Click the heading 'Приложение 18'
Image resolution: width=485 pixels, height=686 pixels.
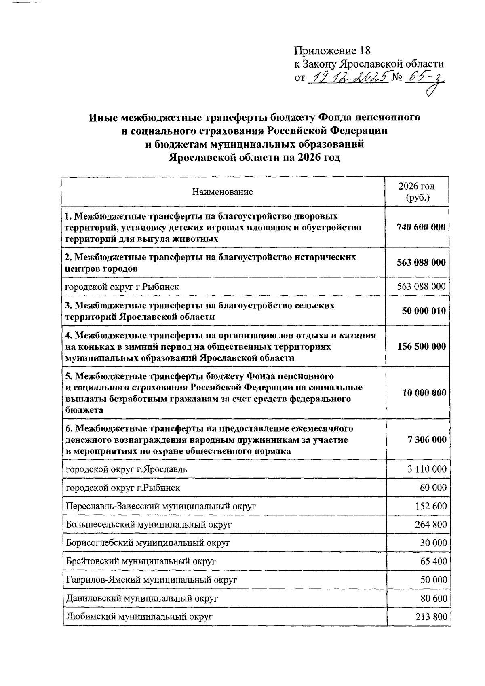pyautogui.click(x=332, y=51)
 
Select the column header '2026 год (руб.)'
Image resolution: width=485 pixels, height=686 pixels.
pyautogui.click(x=417, y=192)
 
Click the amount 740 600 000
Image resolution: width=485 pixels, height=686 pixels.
pyautogui.click(x=421, y=227)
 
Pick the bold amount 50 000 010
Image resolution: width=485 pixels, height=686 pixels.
pyautogui.click(x=424, y=311)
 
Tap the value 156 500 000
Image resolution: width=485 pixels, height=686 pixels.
pyautogui.click(x=422, y=346)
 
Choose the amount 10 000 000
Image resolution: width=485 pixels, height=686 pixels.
pyautogui.click(x=424, y=393)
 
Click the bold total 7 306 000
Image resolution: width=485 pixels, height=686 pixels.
pyautogui.click(x=427, y=439)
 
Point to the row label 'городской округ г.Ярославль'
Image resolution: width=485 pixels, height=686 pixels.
pyautogui.click(x=127, y=469)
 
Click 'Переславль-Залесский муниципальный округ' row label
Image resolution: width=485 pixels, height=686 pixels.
pyautogui.click(x=161, y=506)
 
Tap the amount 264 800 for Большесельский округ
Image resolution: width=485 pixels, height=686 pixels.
pyautogui.click(x=431, y=525)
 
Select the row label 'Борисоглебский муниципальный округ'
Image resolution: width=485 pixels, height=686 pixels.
pyautogui.click(x=148, y=543)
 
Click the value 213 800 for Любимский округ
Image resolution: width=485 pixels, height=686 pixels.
pyautogui.click(x=431, y=617)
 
